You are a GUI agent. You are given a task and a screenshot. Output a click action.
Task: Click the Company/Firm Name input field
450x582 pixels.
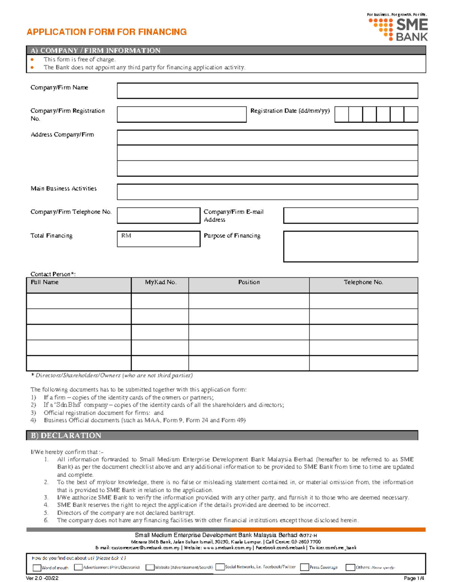pyautogui.click(x=267, y=91)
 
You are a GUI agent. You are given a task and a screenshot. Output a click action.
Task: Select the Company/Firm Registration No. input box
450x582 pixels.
pyautogui.click(x=181, y=114)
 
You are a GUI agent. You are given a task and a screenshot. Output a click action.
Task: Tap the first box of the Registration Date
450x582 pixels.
pyautogui.click(x=341, y=114)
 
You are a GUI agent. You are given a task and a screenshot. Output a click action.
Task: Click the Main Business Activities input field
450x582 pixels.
pyautogui.click(x=267, y=192)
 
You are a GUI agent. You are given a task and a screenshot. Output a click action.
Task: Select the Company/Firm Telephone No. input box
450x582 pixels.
pyautogui.click(x=158, y=215)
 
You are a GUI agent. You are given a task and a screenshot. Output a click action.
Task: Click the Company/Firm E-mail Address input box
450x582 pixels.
pyautogui.click(x=350, y=215)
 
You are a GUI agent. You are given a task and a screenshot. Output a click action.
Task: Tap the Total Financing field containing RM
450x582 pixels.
pyautogui.click(x=158, y=239)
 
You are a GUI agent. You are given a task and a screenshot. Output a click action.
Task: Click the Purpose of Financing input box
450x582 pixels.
pyautogui.click(x=350, y=246)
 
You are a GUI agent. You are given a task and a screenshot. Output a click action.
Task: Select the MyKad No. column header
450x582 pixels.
pyautogui.click(x=160, y=282)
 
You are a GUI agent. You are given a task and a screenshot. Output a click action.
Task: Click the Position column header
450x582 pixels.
pyautogui.click(x=249, y=282)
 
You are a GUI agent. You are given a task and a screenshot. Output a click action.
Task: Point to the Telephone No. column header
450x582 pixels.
pyautogui.click(x=363, y=282)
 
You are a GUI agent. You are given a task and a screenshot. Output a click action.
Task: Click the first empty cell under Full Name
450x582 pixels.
pyautogui.click(x=79, y=301)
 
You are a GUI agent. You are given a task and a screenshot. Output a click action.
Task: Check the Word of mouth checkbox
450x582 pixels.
pyautogui.click(x=37, y=568)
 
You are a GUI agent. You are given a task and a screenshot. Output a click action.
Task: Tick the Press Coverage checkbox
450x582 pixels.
pyautogui.click(x=304, y=567)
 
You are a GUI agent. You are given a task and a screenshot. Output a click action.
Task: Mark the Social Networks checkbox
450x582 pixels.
pyautogui.click(x=220, y=567)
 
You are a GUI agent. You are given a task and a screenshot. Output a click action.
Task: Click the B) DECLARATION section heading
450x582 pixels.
pyautogui.click(x=66, y=435)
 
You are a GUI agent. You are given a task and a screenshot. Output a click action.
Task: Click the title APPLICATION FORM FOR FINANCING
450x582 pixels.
pyautogui.click(x=106, y=32)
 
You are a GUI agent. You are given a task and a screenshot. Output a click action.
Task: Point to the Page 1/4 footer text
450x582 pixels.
pyautogui.click(x=414, y=578)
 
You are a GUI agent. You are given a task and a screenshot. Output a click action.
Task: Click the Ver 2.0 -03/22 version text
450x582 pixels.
pyautogui.click(x=42, y=578)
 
